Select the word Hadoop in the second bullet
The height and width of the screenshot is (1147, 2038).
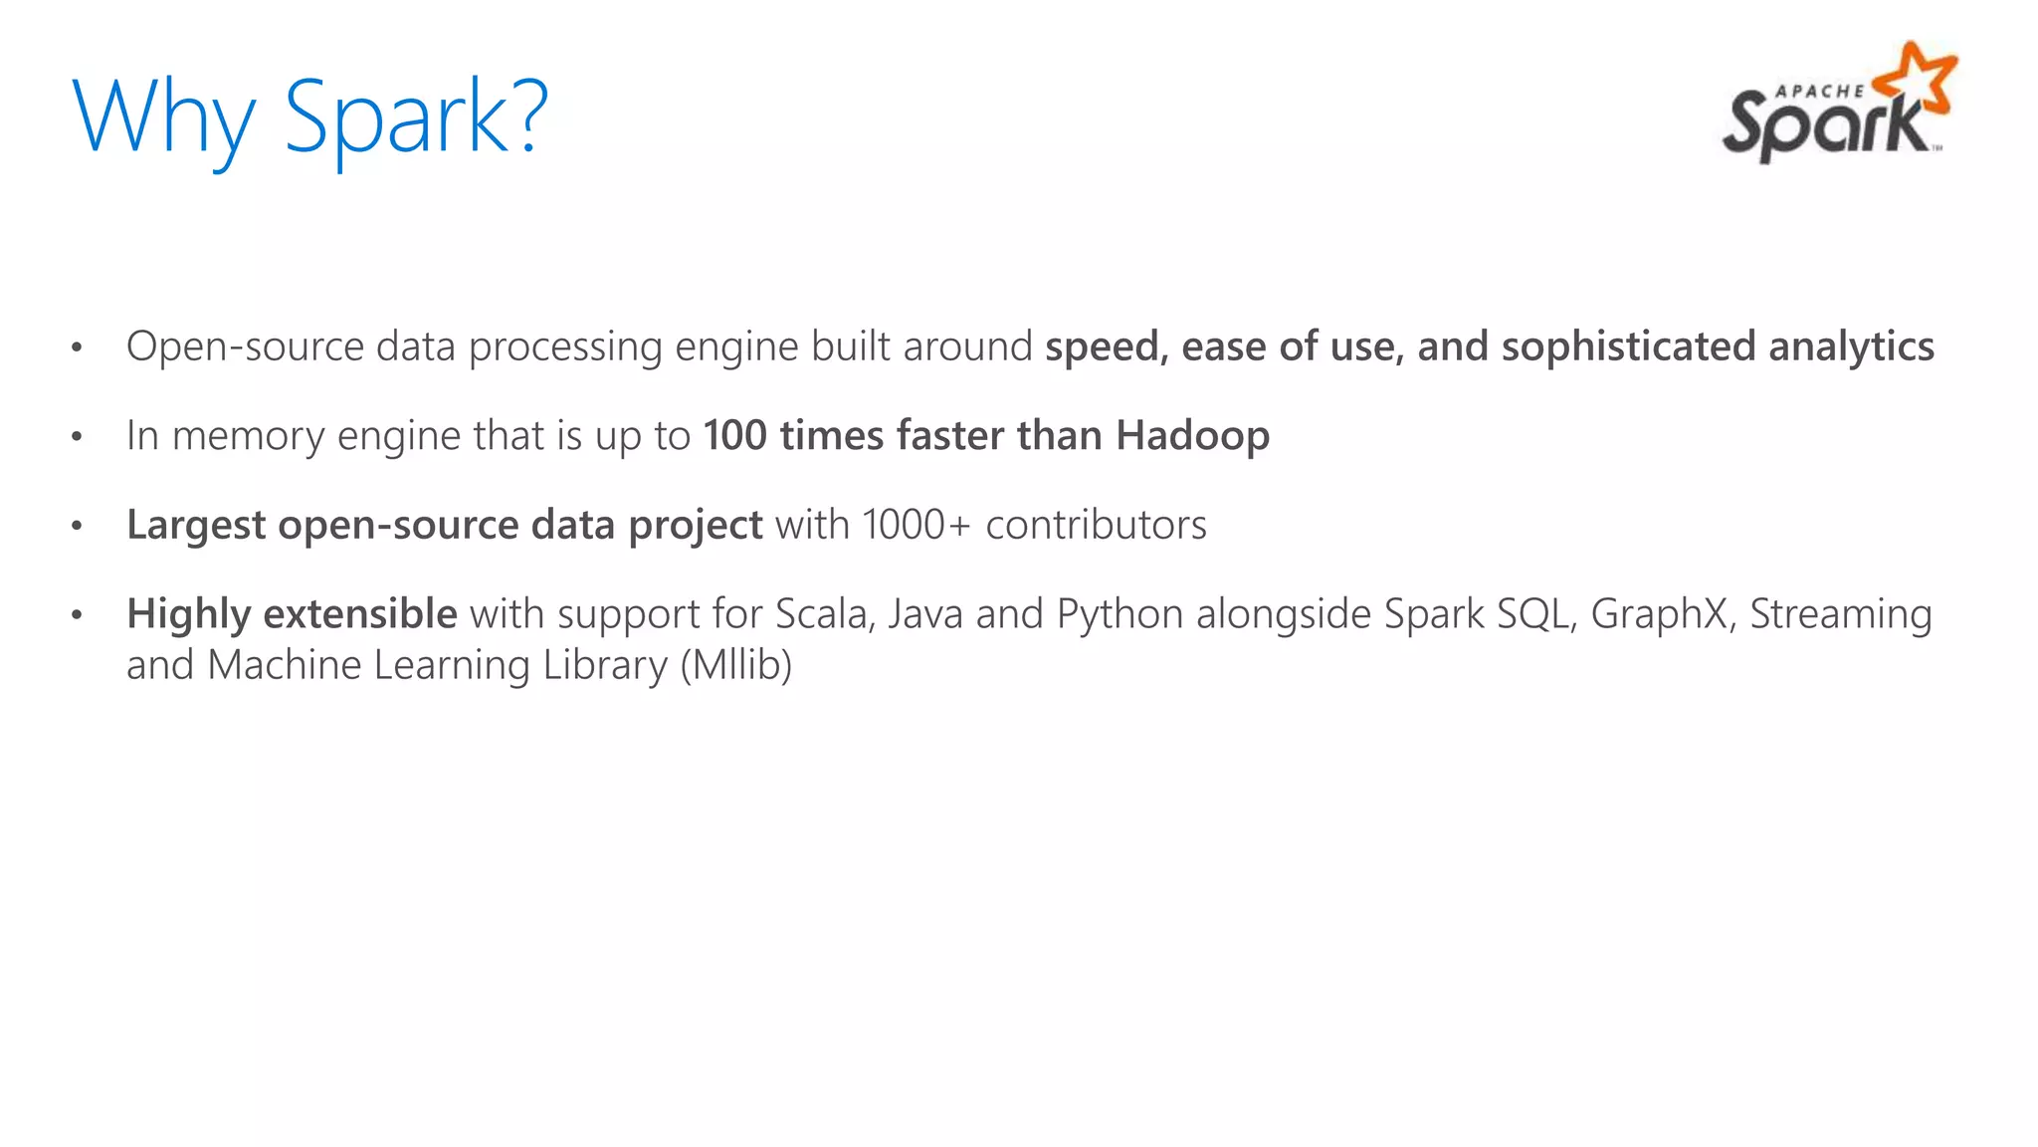coord(1192,436)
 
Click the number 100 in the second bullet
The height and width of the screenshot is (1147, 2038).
coord(734,436)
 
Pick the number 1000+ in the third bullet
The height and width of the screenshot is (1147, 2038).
coord(916,525)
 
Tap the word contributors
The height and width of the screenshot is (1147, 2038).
coord(1096,525)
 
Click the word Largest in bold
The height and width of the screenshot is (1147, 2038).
coord(196,526)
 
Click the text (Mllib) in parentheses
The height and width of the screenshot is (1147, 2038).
coord(735,665)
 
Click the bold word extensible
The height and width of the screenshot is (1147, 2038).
coord(360,614)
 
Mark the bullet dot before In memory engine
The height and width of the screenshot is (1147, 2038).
coord(77,437)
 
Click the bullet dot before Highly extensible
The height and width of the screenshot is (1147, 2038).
coord(77,615)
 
